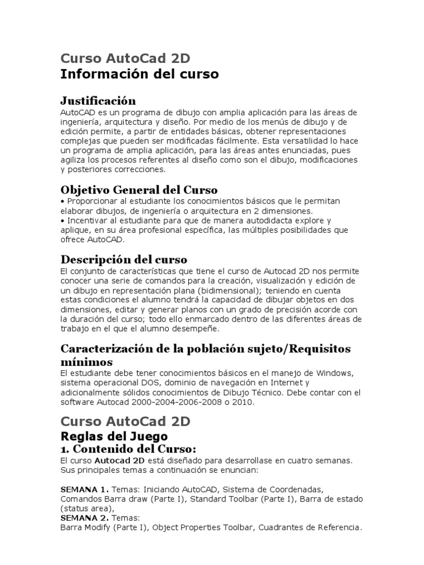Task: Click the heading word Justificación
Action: pos(98,100)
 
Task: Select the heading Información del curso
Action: pos(139,74)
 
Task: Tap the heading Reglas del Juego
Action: pos(114,436)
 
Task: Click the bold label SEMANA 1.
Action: pos(84,489)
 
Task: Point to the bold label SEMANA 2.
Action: pos(84,518)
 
